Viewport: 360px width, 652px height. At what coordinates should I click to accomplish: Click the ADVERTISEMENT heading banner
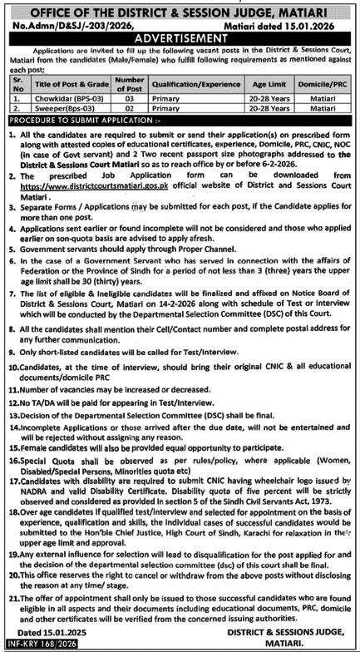click(180, 37)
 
